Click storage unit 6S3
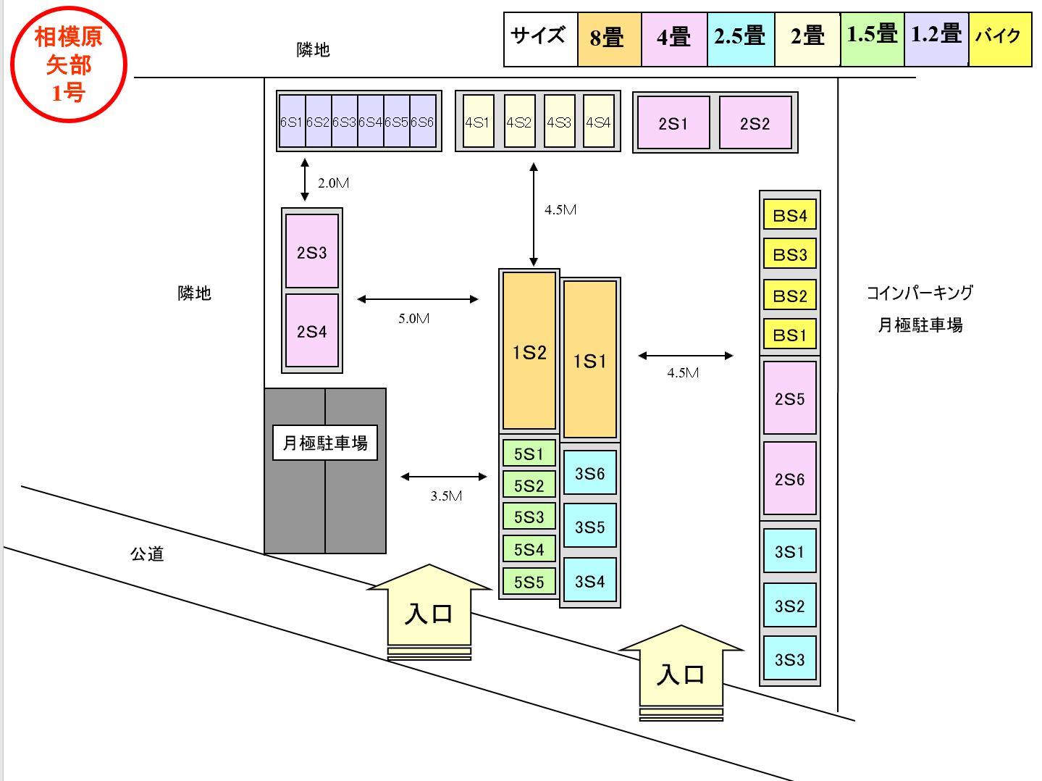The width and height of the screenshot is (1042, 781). pos(344,122)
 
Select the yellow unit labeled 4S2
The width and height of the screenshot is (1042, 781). pos(519,122)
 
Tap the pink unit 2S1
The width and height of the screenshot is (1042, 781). pos(673,123)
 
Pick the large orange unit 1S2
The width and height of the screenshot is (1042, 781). pos(529,351)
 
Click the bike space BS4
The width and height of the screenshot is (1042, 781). pos(790,215)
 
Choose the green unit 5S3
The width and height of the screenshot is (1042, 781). pos(529,517)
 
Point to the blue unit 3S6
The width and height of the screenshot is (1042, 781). pos(589,473)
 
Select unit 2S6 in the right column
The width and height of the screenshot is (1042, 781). pos(790,479)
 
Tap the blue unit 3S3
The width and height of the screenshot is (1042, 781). pos(790,659)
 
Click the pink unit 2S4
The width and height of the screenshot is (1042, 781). pos(312,331)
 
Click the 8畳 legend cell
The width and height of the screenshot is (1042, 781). pos(609,39)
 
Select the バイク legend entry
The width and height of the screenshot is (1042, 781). pos(1000,39)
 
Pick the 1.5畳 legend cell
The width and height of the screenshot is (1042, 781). pos(873,39)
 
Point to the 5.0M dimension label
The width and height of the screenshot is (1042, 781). pos(414,319)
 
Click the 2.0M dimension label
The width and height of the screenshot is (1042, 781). pos(333,183)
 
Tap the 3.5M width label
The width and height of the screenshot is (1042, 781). pos(446,496)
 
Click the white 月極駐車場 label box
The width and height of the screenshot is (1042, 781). pos(325,443)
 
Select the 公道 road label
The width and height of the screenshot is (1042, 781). pos(147,554)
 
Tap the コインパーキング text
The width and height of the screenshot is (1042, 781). pos(920,293)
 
